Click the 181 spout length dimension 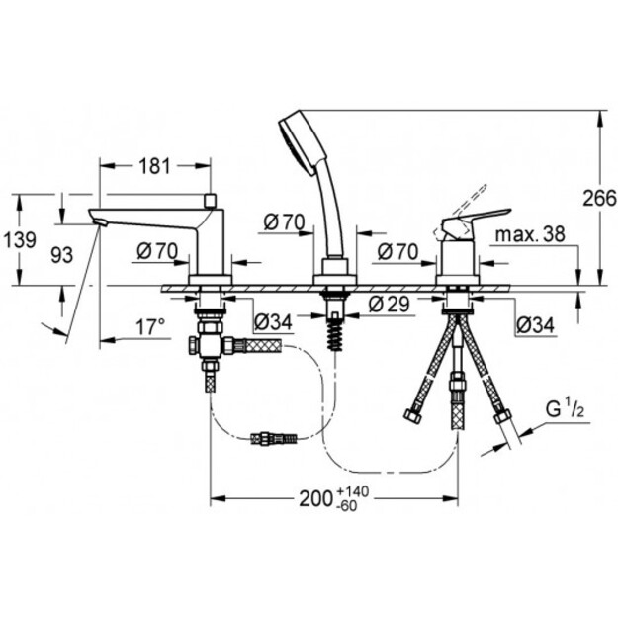click(155, 166)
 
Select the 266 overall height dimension click(600, 198)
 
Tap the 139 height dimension click(20, 240)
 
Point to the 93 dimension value click(62, 255)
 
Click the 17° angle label click(150, 327)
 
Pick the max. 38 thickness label click(530, 235)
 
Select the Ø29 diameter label click(390, 304)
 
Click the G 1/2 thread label click(565, 410)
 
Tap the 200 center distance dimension click(315, 499)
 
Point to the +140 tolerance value click(353, 491)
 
